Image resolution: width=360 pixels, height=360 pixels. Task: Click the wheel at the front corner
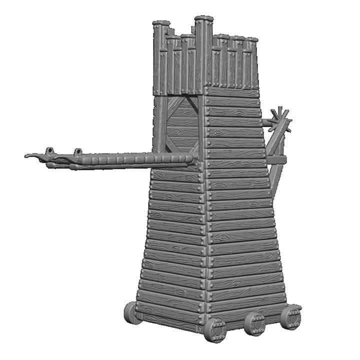[x=216, y=329]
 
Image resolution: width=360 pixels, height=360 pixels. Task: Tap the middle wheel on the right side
[x=255, y=323]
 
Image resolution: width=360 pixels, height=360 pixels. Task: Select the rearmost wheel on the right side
[x=290, y=316]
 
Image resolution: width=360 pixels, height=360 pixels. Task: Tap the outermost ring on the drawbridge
[x=49, y=151]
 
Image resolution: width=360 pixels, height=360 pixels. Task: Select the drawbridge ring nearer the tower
[x=78, y=151]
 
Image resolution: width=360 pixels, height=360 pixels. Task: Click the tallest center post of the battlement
[x=203, y=52]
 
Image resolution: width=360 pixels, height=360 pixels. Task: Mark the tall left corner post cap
[x=161, y=24]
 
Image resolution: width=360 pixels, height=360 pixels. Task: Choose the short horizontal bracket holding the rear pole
[x=276, y=160]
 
